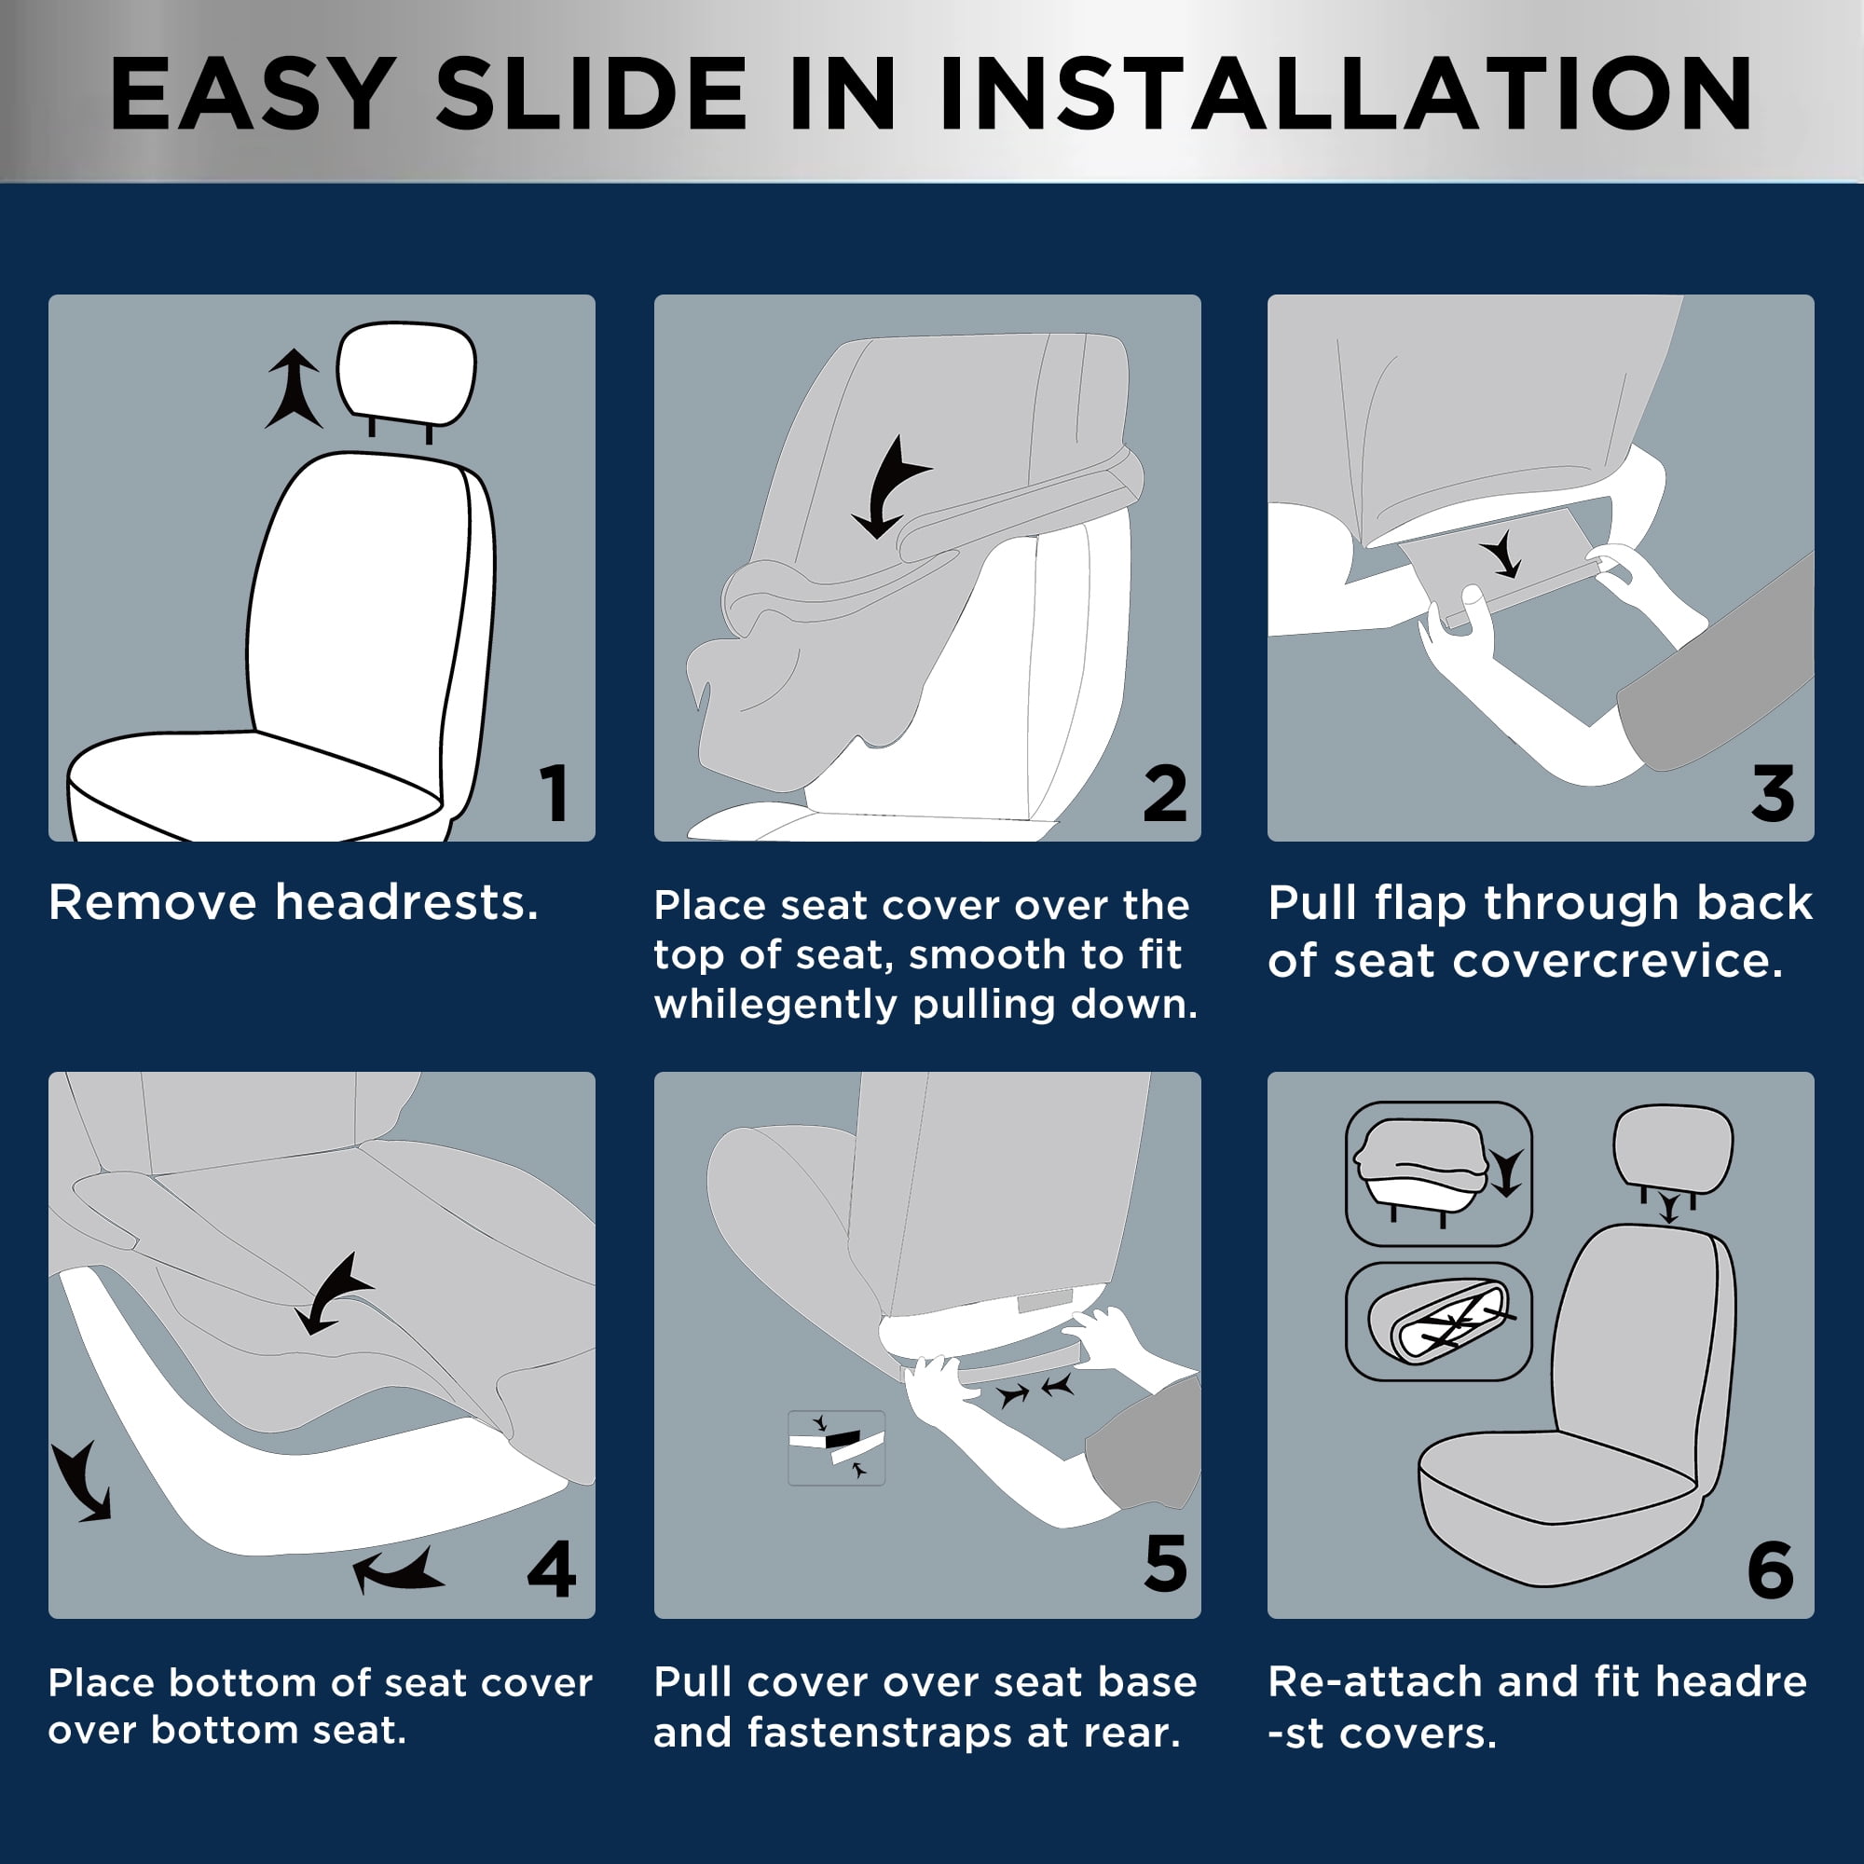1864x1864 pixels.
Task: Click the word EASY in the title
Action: [252, 92]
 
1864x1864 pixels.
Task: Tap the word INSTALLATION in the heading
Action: [1346, 92]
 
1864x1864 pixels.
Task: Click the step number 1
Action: [554, 793]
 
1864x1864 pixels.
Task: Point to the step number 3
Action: [1774, 793]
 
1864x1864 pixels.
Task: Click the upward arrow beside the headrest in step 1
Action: [294, 389]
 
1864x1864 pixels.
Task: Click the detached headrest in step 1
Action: [406, 374]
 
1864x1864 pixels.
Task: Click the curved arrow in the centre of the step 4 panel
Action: [333, 1294]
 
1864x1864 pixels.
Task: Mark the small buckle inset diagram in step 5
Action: [837, 1447]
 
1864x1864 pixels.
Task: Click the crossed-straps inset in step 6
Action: [1438, 1322]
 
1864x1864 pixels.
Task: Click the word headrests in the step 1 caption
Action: [406, 903]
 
